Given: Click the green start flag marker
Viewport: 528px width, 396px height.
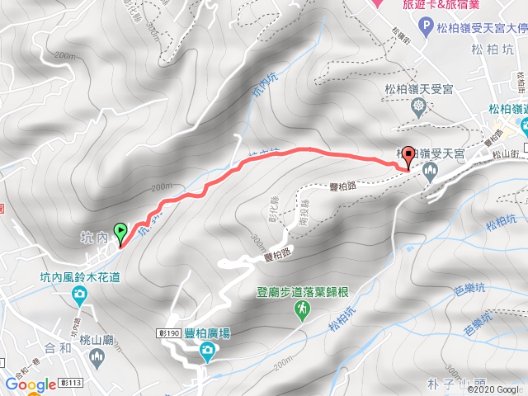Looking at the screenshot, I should pyautogui.click(x=121, y=233).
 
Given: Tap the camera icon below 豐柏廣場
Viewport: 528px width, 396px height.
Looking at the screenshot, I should pyautogui.click(x=206, y=354).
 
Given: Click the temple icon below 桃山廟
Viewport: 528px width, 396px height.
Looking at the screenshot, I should pyautogui.click(x=97, y=357).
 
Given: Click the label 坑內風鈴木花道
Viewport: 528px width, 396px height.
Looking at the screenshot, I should pyautogui.click(x=80, y=277).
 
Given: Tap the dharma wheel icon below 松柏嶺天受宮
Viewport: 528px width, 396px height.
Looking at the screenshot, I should pyautogui.click(x=419, y=106).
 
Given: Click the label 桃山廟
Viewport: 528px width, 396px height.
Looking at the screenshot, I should pyautogui.click(x=97, y=339).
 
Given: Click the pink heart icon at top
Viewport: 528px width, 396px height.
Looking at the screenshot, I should pyautogui.click(x=378, y=3).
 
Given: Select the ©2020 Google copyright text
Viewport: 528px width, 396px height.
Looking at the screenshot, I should pyautogui.click(x=497, y=389).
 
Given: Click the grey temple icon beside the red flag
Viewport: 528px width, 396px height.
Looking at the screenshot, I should pyautogui.click(x=429, y=172).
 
